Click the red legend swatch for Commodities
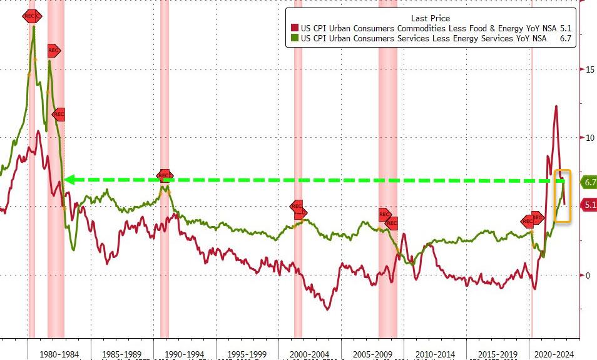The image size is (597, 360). click(x=295, y=28)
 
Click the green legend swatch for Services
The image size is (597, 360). click(x=295, y=38)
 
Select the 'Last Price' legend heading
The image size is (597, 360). click(x=430, y=18)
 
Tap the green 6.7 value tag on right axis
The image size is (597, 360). click(x=589, y=182)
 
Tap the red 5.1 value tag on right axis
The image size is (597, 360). click(x=589, y=204)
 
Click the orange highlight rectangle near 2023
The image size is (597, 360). click(x=563, y=195)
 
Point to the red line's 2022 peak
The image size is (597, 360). click(x=556, y=106)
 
